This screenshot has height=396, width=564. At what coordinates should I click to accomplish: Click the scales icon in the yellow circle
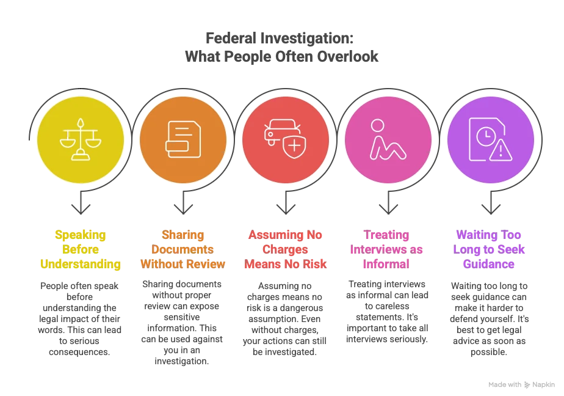pyautogui.click(x=80, y=140)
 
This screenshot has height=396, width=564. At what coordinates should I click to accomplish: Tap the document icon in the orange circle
pyautogui.click(x=183, y=140)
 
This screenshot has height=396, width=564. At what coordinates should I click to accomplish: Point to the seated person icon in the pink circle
pyautogui.click(x=387, y=140)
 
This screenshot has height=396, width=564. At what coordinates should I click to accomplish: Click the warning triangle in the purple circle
pyautogui.click(x=500, y=150)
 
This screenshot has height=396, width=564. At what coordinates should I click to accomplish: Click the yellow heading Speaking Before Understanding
pyautogui.click(x=80, y=249)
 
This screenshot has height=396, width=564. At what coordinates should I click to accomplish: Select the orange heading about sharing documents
pyautogui.click(x=183, y=249)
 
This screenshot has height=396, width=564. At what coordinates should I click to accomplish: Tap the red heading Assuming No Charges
pyautogui.click(x=285, y=249)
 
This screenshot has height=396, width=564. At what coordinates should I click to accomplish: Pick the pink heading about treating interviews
pyautogui.click(x=388, y=249)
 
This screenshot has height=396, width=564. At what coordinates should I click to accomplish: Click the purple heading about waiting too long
pyautogui.click(x=490, y=249)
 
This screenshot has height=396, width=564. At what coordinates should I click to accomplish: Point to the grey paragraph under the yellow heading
pyautogui.click(x=80, y=318)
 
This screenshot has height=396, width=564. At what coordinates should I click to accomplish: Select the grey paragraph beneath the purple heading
pyautogui.click(x=490, y=318)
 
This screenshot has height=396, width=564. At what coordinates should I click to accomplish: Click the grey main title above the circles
pyautogui.click(x=282, y=47)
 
